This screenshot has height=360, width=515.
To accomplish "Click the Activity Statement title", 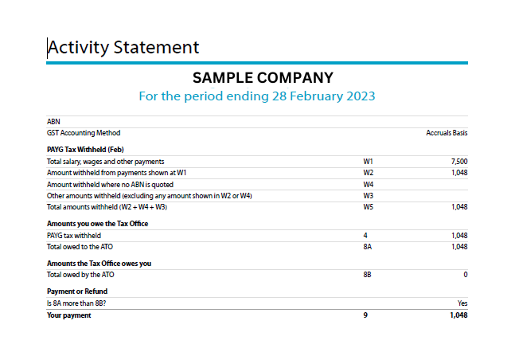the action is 123,47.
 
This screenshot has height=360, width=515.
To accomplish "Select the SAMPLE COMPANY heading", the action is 263,78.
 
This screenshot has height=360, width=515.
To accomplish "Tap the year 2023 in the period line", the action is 361,96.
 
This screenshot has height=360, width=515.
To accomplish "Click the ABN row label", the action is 53,122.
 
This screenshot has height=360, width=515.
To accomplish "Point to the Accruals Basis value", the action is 447,133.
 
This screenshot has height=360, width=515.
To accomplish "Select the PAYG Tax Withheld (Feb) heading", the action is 85,150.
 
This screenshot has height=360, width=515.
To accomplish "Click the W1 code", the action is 368,162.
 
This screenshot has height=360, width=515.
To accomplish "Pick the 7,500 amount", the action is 459,162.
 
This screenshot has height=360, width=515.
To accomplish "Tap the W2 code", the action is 369,173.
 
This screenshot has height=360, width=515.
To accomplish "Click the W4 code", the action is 369,185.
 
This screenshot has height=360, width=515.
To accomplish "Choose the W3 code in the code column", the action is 369,196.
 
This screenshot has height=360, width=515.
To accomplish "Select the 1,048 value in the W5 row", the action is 459,207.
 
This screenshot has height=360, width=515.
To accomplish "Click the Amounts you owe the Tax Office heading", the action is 98,224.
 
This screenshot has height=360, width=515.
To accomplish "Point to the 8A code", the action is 368,247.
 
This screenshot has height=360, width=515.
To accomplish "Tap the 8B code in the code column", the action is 367,275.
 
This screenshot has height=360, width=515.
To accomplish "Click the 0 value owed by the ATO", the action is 466,275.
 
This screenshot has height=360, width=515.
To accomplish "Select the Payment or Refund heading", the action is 77,292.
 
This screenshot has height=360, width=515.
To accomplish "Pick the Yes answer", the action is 462,303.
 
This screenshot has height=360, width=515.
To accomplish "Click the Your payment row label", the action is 69,315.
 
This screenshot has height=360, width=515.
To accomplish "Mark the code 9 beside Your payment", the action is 365,315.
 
